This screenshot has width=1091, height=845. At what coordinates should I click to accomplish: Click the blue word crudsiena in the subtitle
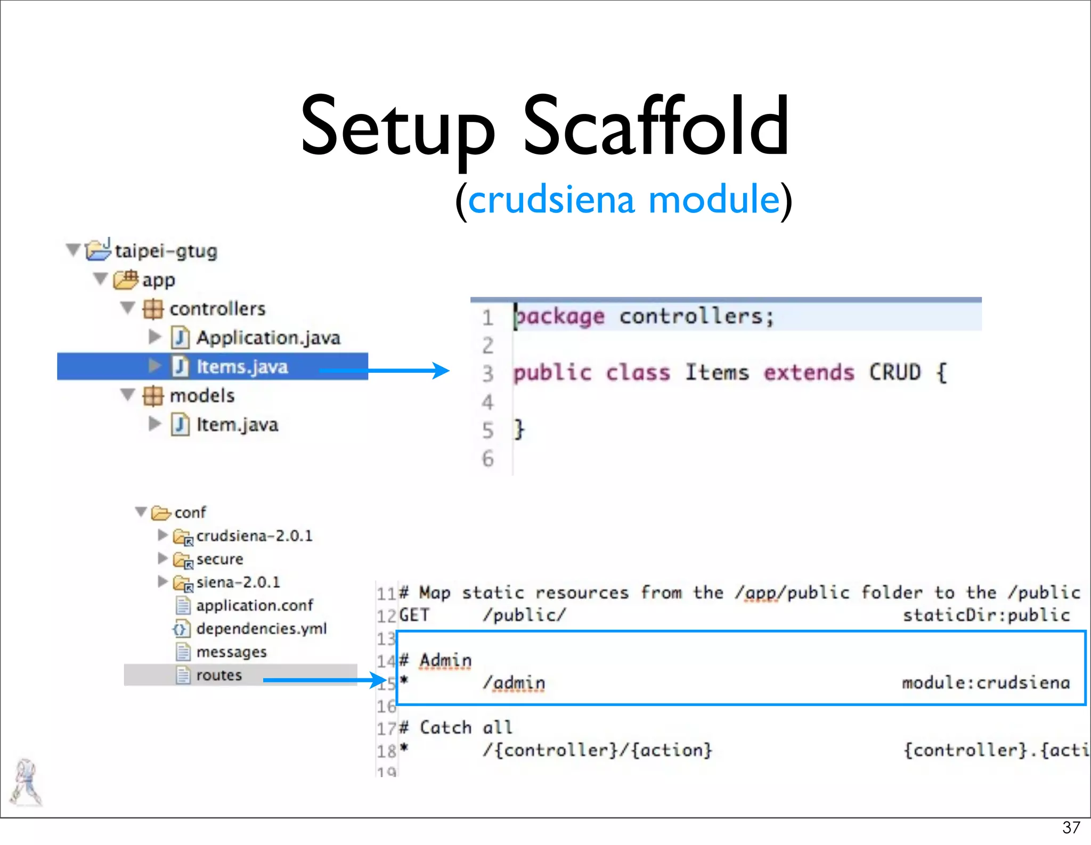[551, 200]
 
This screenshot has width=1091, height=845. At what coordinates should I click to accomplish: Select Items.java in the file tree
[242, 367]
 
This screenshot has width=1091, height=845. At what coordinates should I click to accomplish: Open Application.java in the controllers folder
[268, 338]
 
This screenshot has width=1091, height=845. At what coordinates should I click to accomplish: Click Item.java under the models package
[237, 425]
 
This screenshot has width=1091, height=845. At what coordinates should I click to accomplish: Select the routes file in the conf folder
[218, 675]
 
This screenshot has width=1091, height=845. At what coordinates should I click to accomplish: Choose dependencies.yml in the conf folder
[261, 629]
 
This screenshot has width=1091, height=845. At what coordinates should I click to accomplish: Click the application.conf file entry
[254, 605]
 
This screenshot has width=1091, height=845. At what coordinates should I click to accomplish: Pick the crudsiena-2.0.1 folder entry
[254, 536]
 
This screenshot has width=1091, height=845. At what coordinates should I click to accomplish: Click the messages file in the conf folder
[231, 652]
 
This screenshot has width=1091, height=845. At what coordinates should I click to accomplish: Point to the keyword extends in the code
[809, 373]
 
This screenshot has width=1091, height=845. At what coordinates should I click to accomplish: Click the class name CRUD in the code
[895, 373]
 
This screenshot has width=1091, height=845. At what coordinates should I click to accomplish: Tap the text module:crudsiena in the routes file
[986, 683]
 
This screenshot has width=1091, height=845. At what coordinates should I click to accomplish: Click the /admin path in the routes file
[514, 683]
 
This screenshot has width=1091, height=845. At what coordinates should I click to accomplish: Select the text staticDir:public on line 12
[986, 615]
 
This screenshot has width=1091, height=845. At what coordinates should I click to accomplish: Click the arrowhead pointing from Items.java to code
[441, 370]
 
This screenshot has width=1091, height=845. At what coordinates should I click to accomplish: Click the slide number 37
[1071, 827]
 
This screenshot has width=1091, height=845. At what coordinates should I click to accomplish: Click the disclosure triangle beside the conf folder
[141, 512]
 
